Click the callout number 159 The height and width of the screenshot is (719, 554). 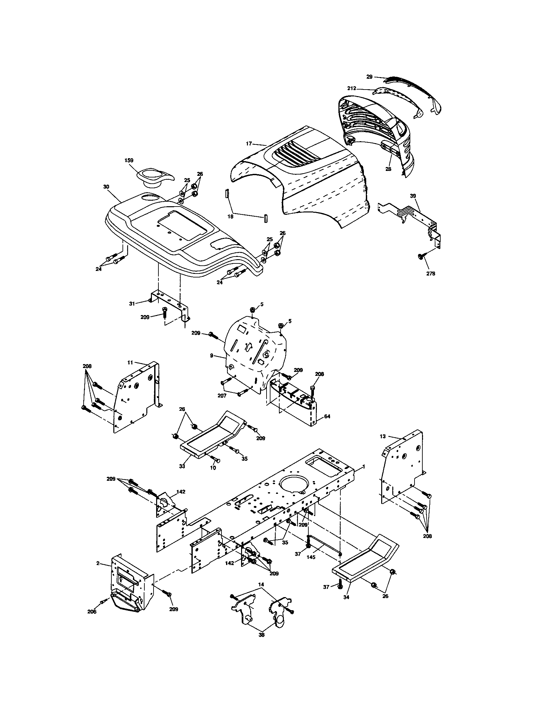coord(129,160)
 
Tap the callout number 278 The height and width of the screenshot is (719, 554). coord(430,273)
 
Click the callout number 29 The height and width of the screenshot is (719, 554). coord(369,77)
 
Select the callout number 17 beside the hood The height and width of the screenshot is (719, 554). coord(249,143)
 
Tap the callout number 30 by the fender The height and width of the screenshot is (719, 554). coord(106,186)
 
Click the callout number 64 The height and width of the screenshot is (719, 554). coord(327,416)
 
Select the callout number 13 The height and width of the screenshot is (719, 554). coord(382,436)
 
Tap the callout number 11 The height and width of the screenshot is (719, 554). coord(130,362)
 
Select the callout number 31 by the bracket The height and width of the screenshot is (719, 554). coord(132,304)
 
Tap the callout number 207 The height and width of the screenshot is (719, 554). coord(222,396)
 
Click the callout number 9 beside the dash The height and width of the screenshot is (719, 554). coord(212,356)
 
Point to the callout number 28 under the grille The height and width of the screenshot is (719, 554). coord(388,169)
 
